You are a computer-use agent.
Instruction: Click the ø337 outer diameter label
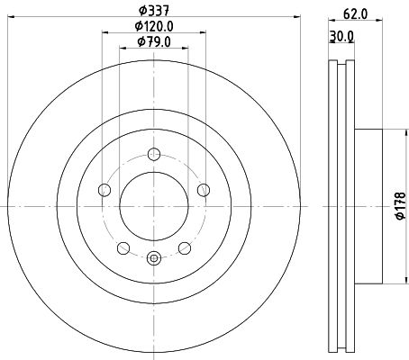(154, 11)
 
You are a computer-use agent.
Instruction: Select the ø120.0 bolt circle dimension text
(154, 26)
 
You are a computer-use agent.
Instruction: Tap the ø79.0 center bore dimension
(154, 41)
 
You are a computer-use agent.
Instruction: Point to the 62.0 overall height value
(354, 13)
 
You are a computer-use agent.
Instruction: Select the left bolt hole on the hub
(104, 189)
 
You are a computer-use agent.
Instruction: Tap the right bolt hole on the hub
(204, 189)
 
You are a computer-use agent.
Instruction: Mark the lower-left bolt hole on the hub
(123, 248)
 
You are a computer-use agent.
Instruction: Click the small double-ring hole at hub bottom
(153, 259)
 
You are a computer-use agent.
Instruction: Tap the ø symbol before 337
(141, 11)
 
